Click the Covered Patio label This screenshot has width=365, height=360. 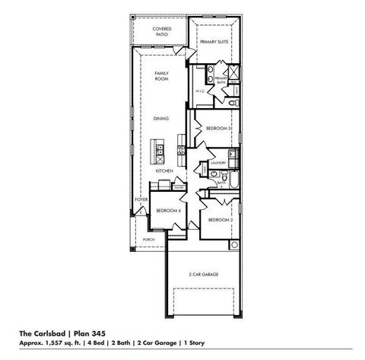pyautogui.click(x=161, y=30)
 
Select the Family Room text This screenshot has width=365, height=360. pyautogui.click(x=161, y=75)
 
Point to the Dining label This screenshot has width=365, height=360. pyautogui.click(x=161, y=119)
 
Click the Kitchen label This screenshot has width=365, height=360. pyautogui.click(x=164, y=170)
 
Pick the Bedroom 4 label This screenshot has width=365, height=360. pyautogui.click(x=167, y=210)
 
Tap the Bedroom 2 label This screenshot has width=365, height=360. pyautogui.click(x=220, y=219)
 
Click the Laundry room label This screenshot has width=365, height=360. pyautogui.click(x=220, y=163)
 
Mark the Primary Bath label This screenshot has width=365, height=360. pyautogui.click(x=221, y=79)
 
